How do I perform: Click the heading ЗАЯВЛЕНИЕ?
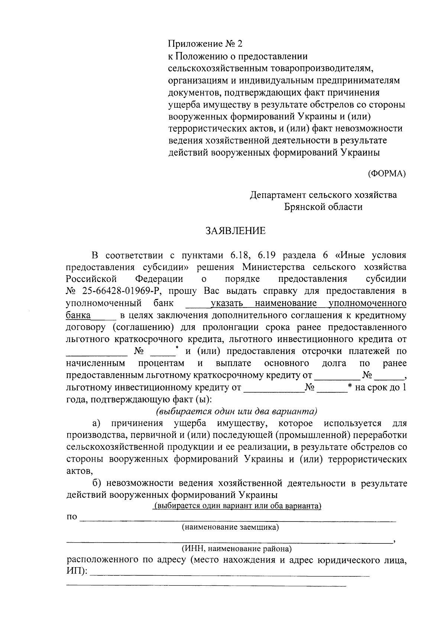point(236,231)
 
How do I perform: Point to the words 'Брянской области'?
point(323,207)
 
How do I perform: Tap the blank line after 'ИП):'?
point(230,575)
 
